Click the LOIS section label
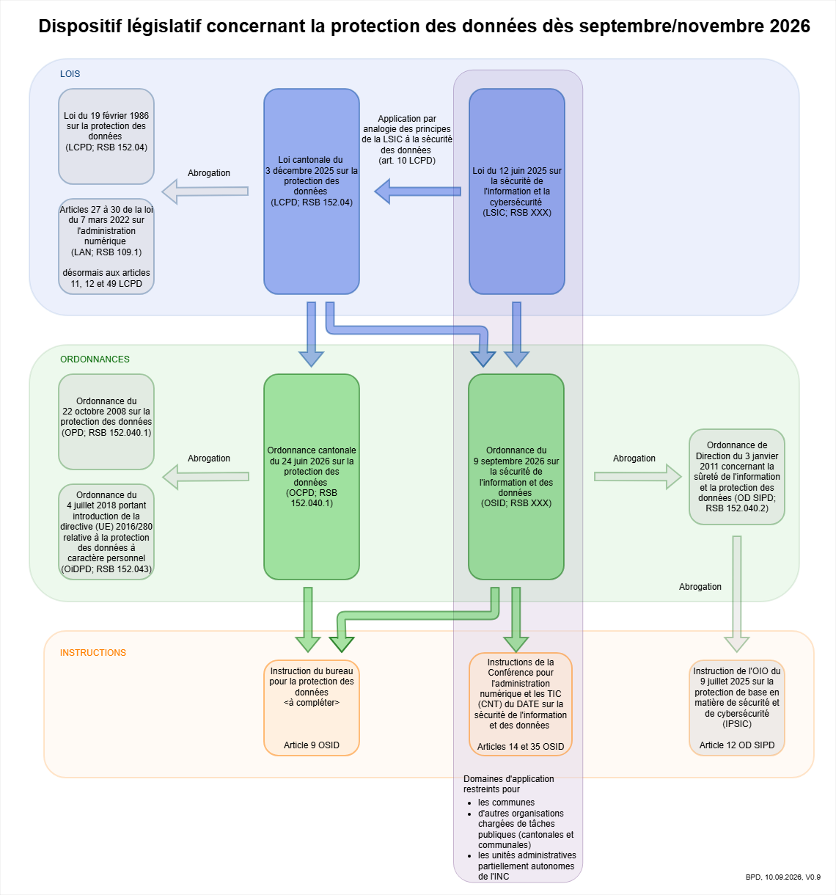70,74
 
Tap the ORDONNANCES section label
95,359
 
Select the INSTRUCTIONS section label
93,653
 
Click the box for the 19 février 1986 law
106,136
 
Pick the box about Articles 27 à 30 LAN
106,246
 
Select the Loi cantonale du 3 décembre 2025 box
312,191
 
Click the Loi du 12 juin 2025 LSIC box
517,191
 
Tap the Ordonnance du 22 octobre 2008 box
106,422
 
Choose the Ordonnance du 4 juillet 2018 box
106,532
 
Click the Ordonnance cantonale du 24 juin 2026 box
312,477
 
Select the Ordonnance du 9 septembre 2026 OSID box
516,477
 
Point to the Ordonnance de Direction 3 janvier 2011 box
737,477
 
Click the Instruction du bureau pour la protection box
312,708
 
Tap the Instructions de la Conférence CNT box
521,704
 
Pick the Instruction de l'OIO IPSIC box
737,708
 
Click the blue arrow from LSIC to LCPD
418,191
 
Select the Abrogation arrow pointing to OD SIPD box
638,477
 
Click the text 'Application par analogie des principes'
407,123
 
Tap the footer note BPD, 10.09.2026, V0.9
782,877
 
